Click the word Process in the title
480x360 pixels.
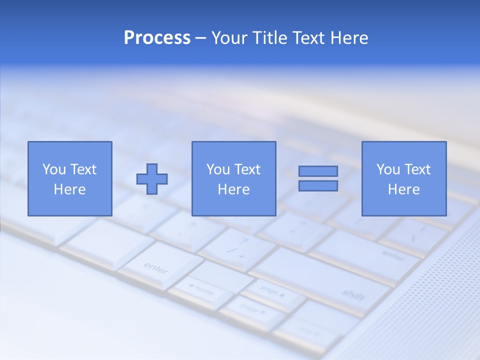tap(157, 38)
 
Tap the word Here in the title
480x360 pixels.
tap(348, 38)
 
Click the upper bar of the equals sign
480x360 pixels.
tap(318, 171)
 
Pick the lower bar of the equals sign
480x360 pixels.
tap(318, 186)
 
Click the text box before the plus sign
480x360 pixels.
tap(69, 178)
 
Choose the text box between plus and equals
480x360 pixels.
tap(233, 178)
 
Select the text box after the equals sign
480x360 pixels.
tap(403, 178)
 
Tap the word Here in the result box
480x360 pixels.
tap(403, 189)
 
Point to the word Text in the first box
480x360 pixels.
tap(83, 169)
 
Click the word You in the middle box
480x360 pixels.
tap(218, 169)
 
